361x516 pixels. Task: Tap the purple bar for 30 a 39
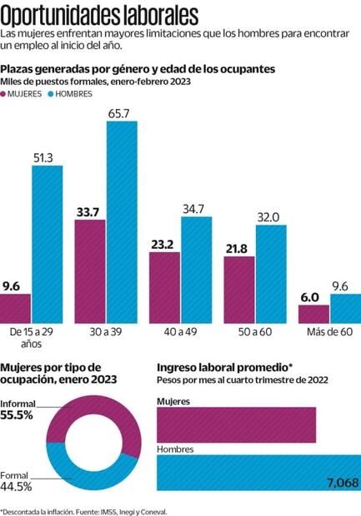point(90,271)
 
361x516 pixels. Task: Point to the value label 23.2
point(164,244)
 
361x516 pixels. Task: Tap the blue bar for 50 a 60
point(270,274)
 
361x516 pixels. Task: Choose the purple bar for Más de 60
point(313,314)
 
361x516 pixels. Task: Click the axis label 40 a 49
point(180,331)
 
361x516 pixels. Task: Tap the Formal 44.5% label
point(17,480)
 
